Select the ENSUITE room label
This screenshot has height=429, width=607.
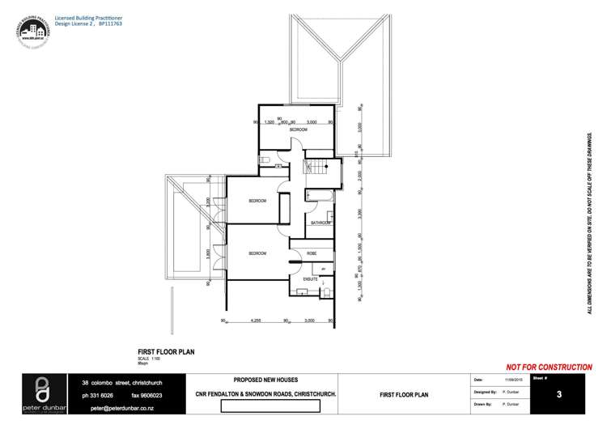309,278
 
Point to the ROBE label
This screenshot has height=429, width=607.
312,253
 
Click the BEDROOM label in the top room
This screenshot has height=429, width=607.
299,130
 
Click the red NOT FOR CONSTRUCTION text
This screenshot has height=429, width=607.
548,367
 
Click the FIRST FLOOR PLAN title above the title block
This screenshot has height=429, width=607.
166,352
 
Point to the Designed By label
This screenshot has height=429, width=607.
484,391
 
